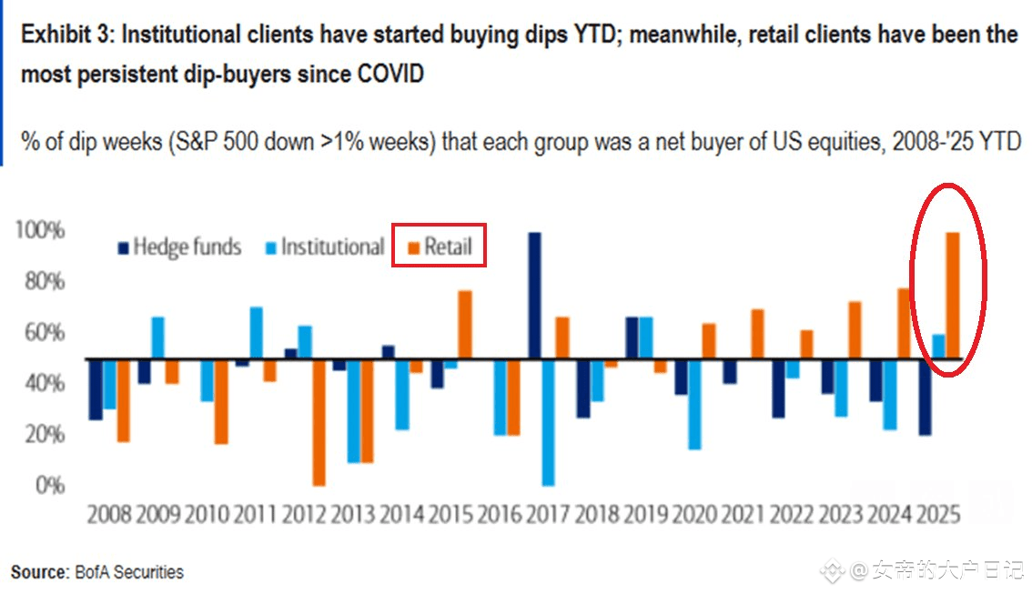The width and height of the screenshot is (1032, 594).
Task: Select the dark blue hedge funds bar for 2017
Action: click(534, 296)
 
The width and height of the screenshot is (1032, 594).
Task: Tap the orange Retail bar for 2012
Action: click(319, 422)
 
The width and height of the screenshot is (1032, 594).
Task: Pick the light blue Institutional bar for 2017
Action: click(548, 422)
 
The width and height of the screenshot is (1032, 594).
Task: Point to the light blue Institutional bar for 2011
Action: click(257, 333)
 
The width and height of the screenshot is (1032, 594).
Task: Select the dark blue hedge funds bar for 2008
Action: click(95, 389)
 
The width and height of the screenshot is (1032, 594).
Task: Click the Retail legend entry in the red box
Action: click(439, 247)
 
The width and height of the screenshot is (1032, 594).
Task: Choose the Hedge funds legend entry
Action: click(179, 247)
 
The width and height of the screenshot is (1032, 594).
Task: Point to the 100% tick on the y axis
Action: click(39, 232)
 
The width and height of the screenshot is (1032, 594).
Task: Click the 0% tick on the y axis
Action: click(50, 486)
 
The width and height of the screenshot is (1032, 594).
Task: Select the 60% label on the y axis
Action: click(45, 333)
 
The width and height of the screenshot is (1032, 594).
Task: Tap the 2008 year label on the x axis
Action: click(109, 515)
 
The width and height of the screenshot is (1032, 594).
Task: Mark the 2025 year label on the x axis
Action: click(938, 515)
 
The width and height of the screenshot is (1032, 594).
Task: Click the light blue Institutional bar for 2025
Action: click(939, 347)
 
